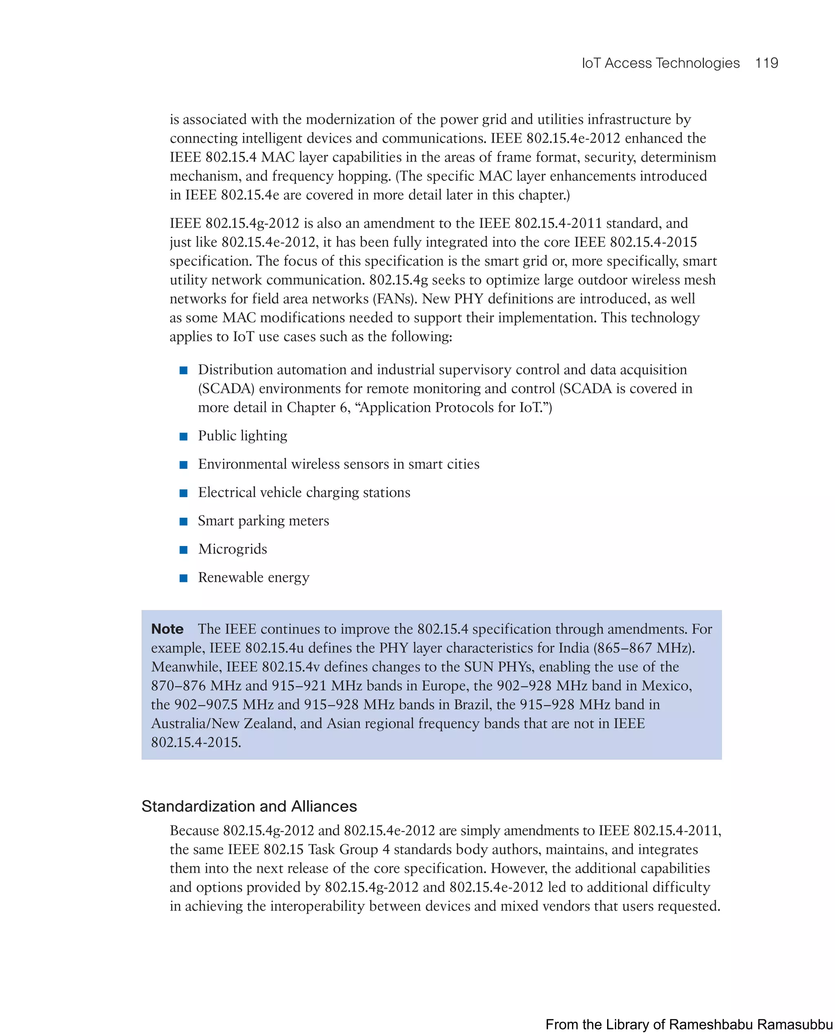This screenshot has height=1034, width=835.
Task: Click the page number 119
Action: [766, 63]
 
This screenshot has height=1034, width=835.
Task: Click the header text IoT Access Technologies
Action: [660, 63]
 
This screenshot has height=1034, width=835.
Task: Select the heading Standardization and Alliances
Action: [249, 806]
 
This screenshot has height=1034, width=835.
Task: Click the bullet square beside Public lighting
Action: [183, 437]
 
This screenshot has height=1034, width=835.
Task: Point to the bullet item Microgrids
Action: [232, 549]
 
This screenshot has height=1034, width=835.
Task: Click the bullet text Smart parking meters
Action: [263, 520]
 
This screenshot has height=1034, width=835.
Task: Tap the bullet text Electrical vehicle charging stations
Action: [304, 493]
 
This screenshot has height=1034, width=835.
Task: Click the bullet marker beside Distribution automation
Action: [183, 370]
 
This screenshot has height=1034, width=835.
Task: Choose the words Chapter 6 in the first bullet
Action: [317, 408]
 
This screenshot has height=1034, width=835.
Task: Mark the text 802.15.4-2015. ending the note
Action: [196, 742]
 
